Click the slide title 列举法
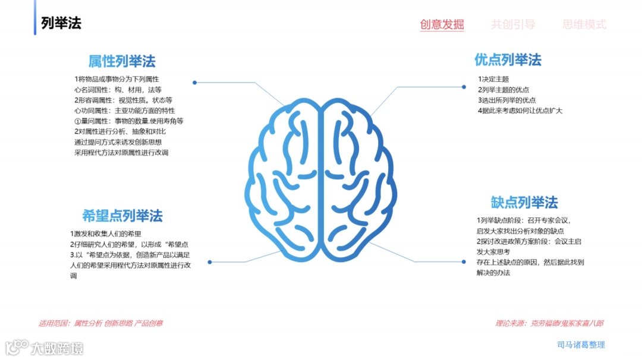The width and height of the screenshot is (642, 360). [61, 23]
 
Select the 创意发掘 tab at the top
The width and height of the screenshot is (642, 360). [442, 24]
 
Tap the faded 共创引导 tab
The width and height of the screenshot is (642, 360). [513, 24]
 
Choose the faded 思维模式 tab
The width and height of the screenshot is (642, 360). [584, 24]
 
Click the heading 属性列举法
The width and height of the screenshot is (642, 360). [122, 61]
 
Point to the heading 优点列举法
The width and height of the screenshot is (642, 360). [508, 60]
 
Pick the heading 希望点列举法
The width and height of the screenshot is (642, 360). [122, 216]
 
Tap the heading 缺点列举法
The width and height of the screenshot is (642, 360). [524, 203]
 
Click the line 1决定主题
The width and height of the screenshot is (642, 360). [493, 79]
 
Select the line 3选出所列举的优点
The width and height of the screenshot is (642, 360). [506, 100]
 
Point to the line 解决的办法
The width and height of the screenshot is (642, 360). [493, 273]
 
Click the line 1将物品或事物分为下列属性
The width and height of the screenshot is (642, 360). [117, 79]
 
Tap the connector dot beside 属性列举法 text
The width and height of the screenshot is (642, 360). [194, 83]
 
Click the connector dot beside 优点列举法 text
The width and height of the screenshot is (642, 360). [464, 87]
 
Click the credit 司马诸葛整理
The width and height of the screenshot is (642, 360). [581, 345]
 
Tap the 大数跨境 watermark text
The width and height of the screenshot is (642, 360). [58, 348]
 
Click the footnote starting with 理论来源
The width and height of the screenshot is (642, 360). [549, 324]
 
